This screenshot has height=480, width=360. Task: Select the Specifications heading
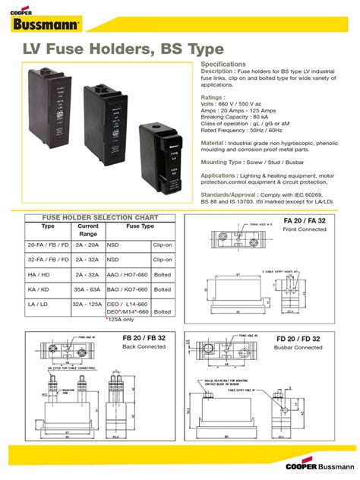223,65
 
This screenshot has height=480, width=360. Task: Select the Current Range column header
88,229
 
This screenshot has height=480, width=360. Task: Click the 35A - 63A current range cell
88,289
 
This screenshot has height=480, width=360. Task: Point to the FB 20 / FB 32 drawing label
144,338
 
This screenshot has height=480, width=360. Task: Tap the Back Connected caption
144,346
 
